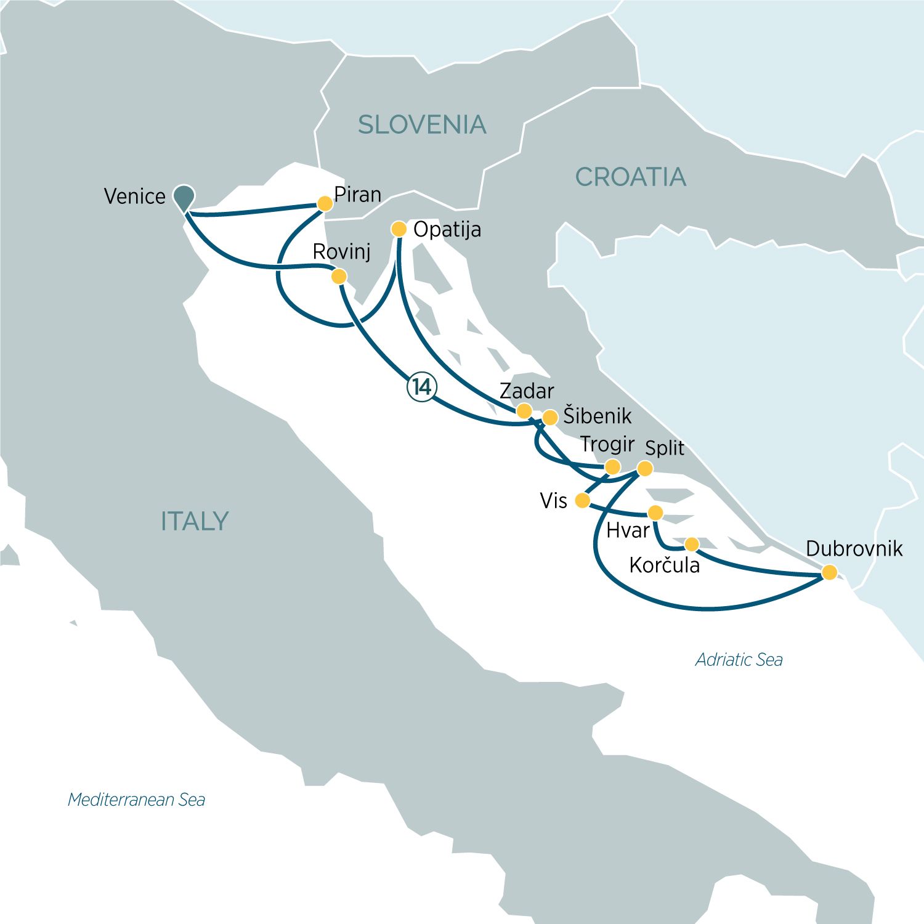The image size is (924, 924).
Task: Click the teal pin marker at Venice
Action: click(x=184, y=197)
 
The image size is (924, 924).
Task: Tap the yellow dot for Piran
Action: click(x=325, y=204)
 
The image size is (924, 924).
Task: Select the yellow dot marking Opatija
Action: click(x=399, y=229)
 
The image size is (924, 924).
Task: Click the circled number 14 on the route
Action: click(x=422, y=387)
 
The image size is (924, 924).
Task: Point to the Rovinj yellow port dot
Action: click(x=339, y=277)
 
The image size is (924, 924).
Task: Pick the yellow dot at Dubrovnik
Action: click(x=830, y=572)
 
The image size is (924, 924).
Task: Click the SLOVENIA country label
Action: click(x=422, y=125)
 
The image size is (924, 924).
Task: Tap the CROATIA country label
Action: click(x=630, y=177)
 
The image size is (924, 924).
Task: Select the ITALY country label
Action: click(x=195, y=521)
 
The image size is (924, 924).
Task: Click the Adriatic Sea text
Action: click(x=739, y=660)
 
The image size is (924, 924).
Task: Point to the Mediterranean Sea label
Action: click(x=136, y=800)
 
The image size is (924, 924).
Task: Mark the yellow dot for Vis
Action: click(x=582, y=501)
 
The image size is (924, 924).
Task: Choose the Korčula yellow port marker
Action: click(x=692, y=544)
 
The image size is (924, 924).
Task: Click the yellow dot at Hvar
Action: click(x=655, y=513)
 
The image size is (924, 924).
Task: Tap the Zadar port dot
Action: click(x=524, y=411)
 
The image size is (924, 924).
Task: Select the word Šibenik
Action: click(x=597, y=416)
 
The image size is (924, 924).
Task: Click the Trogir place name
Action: click(x=607, y=444)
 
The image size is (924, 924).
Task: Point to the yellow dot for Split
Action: click(x=644, y=468)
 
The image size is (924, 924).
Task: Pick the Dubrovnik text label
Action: click(x=854, y=548)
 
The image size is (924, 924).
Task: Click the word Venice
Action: click(x=135, y=197)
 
